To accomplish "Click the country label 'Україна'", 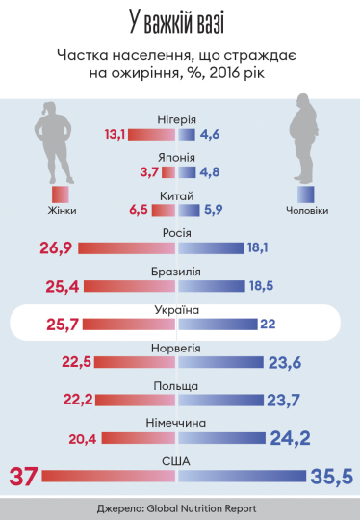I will (x=178, y=311).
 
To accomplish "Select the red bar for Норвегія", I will (x=128, y=362).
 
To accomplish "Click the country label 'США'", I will (x=178, y=460).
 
